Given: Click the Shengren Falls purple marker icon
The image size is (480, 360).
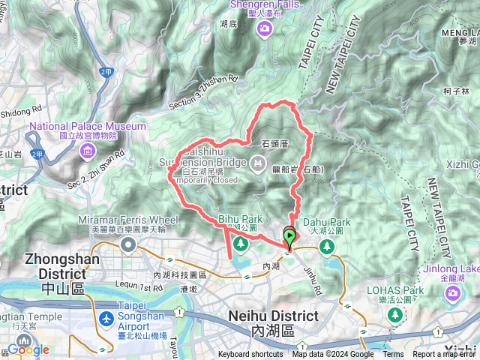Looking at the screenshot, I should click(x=264, y=28).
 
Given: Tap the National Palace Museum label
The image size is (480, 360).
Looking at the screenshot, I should click(x=88, y=127).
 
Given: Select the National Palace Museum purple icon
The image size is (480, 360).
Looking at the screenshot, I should click(x=88, y=153).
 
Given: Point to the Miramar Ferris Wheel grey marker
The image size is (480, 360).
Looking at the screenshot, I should click(x=129, y=244).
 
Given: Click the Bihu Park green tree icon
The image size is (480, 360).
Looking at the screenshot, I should click(x=240, y=244).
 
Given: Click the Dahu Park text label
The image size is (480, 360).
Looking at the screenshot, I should click(x=329, y=222).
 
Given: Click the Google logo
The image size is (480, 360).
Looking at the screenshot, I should click(x=28, y=350).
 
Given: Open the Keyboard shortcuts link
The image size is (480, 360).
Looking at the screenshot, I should click(x=250, y=355).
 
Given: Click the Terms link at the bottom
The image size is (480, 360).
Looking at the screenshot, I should click(x=392, y=355).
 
